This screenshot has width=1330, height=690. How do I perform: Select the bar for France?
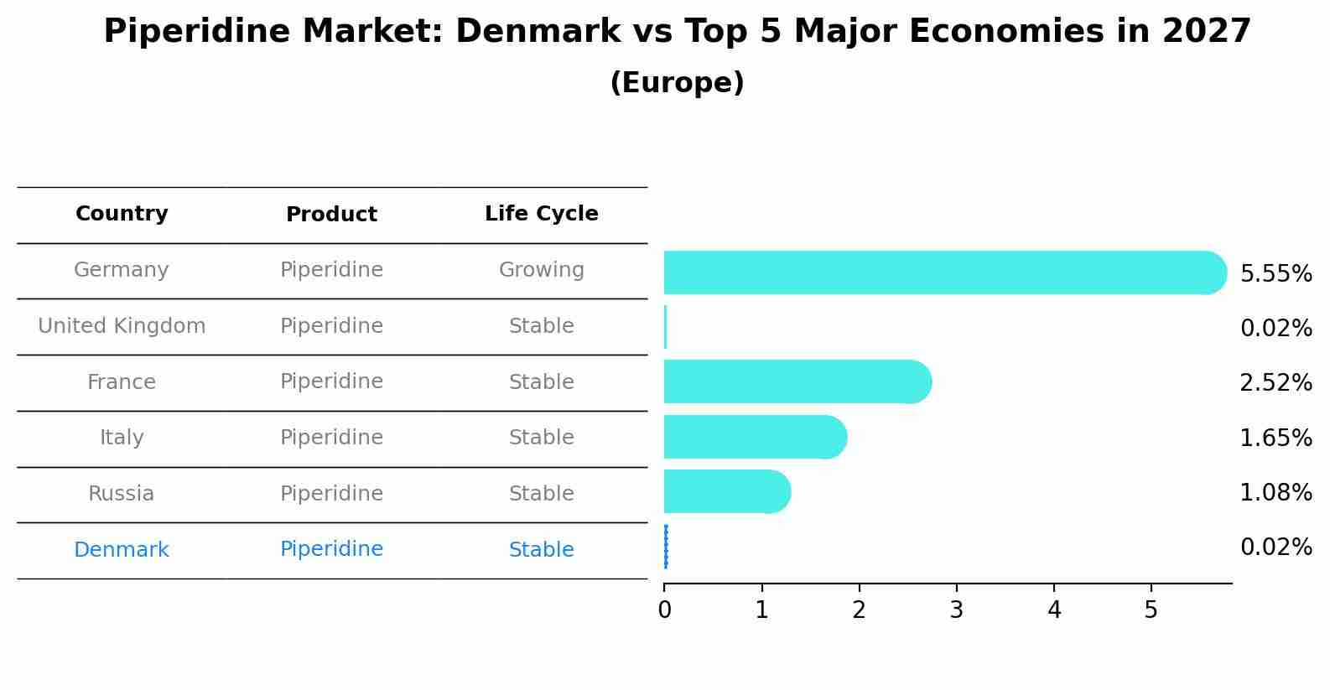point(797,381)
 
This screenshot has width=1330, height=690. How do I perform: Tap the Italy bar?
point(755,437)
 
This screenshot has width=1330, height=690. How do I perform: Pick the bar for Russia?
point(726,491)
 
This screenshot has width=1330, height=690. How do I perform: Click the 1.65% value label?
point(1275,438)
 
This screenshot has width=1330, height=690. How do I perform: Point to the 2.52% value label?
point(1275,383)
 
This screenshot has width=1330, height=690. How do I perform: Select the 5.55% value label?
point(1275,274)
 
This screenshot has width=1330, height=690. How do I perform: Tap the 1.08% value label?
point(1275,492)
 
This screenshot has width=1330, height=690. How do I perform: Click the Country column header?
point(122,214)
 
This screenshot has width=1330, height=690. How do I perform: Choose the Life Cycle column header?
point(541,214)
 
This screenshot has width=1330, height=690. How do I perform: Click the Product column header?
point(331,215)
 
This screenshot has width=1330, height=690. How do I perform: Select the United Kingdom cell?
point(122,326)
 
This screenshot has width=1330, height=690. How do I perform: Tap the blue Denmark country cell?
point(122,550)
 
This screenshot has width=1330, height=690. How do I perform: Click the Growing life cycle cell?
point(541,270)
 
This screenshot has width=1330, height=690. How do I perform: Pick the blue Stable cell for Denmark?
point(541,550)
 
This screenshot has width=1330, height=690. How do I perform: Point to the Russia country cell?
point(122,494)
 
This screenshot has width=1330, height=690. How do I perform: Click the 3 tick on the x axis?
point(956,610)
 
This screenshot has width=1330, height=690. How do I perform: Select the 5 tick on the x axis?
point(1151,610)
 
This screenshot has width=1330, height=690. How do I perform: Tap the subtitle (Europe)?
point(677,83)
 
